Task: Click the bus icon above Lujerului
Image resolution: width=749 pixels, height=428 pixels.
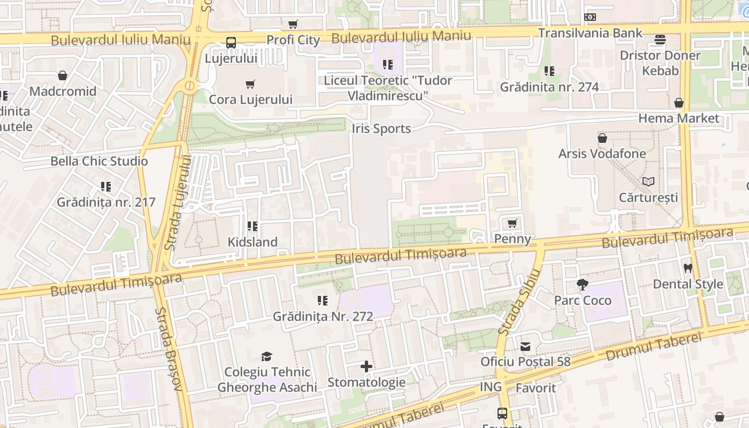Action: [x=231, y=43]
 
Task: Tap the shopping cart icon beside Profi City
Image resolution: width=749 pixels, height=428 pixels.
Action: [x=293, y=24]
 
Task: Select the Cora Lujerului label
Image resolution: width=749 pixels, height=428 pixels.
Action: [x=250, y=100]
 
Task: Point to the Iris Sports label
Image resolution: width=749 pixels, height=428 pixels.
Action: [x=381, y=128]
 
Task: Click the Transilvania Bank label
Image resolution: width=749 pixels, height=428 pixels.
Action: [x=590, y=33]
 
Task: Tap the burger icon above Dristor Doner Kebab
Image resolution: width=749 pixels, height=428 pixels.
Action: [x=660, y=40]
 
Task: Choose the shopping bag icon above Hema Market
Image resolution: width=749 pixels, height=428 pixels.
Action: [x=679, y=102]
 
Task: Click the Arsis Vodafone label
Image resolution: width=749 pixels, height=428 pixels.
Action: [x=602, y=154]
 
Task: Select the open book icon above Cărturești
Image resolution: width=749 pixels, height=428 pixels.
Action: [x=648, y=181]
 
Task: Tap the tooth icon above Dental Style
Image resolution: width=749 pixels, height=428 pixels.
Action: [x=688, y=268]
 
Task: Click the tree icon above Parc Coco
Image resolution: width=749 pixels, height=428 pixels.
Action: [x=583, y=285]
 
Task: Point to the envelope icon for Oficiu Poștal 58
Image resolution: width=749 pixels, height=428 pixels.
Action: [x=525, y=346]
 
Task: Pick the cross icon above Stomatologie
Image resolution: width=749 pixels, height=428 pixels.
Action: [x=366, y=366]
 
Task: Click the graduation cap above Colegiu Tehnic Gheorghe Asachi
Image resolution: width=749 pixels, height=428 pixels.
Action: [x=266, y=356]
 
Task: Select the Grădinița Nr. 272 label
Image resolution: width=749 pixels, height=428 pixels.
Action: [x=323, y=316]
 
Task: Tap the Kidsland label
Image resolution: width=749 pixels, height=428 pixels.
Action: [x=253, y=242]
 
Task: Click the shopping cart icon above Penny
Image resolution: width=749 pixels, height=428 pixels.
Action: [x=513, y=223]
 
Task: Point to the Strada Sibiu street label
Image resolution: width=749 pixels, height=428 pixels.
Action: [x=519, y=302]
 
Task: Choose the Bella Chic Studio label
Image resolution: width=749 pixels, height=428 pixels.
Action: [x=99, y=161]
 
